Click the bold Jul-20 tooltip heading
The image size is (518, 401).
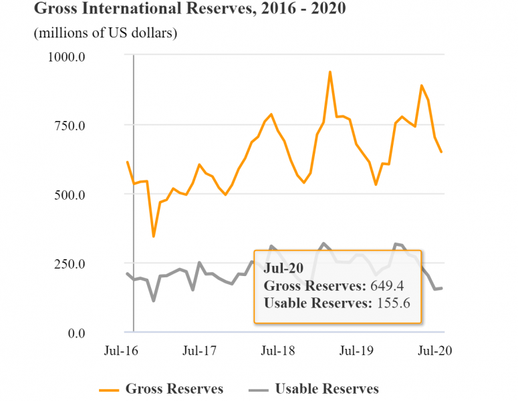tap(284, 268)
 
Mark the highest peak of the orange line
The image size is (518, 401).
tap(330, 72)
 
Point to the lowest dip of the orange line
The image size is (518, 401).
tap(154, 236)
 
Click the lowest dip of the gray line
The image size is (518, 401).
tap(154, 300)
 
